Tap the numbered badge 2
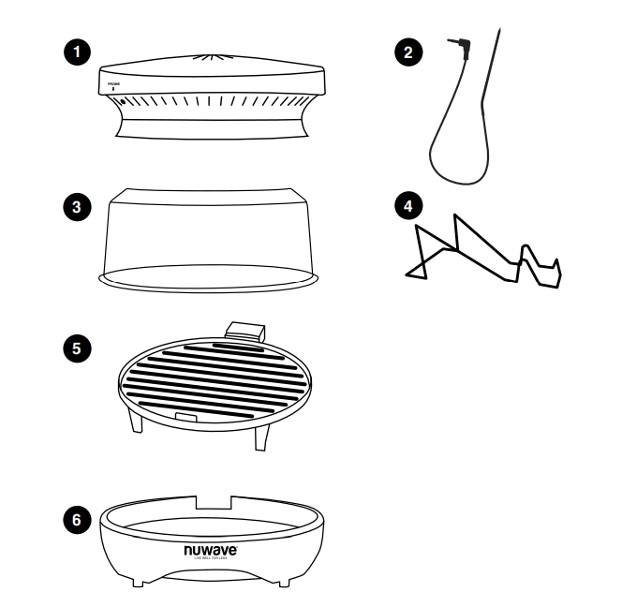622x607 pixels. [405, 52]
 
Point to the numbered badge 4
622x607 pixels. [405, 205]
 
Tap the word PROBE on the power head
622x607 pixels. [113, 84]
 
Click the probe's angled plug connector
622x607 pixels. [461, 45]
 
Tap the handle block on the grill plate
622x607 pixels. [245, 329]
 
